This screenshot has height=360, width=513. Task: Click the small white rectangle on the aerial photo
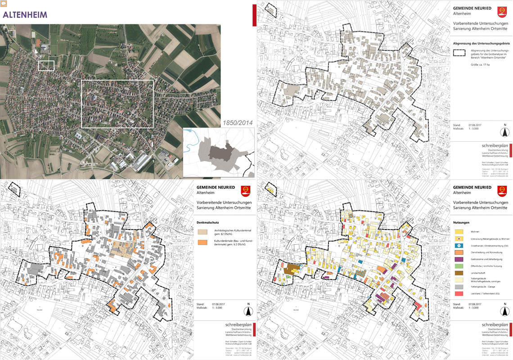[x=46, y=66]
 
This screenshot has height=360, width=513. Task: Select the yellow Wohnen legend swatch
[x=459, y=231]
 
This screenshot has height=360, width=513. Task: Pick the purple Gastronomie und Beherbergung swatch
[x=459, y=260]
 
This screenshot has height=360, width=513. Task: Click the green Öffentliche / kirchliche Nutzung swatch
[x=459, y=266]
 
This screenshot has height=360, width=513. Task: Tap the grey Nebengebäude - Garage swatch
[x=459, y=287]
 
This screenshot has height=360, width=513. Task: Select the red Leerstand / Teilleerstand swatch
[x=459, y=293]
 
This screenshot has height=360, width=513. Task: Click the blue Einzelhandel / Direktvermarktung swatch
[x=459, y=246]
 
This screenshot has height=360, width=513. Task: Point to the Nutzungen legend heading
[x=461, y=222]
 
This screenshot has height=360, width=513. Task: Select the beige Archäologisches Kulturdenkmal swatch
[x=203, y=232]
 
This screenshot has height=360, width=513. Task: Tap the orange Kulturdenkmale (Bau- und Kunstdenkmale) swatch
[x=203, y=242]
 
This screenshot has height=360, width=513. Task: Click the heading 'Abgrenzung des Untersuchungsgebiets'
[x=481, y=43]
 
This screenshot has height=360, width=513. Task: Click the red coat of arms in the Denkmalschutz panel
[x=245, y=191]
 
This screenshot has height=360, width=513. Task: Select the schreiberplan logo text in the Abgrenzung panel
[x=495, y=146]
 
